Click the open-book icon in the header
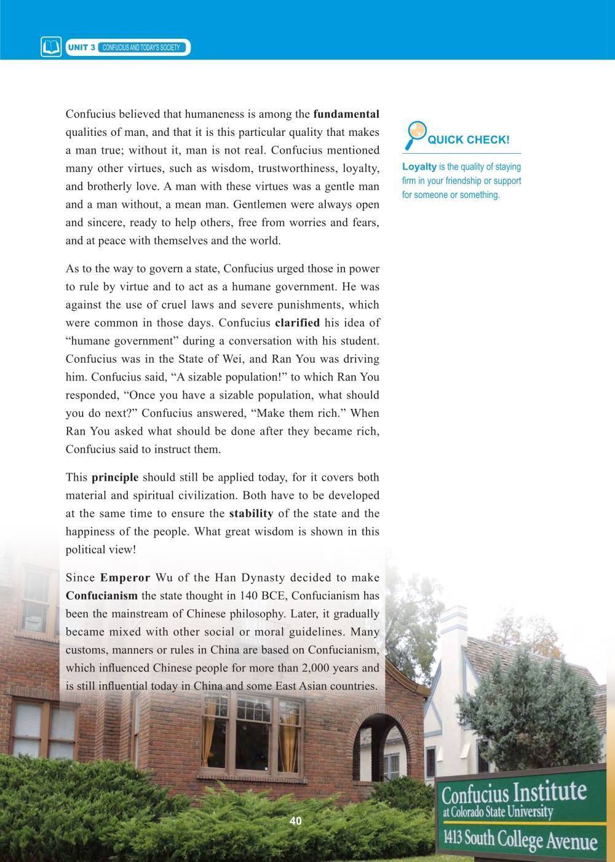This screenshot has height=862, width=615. point(51,47)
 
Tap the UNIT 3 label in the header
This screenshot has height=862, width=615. point(81,47)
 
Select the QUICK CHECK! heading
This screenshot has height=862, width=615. point(469,140)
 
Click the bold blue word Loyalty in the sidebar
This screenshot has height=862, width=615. point(419,167)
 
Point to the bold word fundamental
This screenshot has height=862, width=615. point(346,114)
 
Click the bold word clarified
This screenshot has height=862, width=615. point(297,323)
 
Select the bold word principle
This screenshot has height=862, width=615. point(115,477)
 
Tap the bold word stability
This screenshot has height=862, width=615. point(251,513)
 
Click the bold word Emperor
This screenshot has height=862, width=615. point(125,577)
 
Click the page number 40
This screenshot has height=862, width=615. point(295,821)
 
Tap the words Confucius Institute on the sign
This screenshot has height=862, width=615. point(514,793)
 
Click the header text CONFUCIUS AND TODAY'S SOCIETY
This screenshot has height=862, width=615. point(141,47)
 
